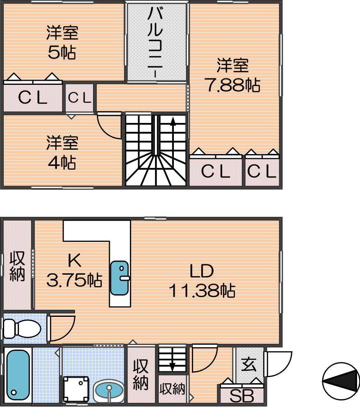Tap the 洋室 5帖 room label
tap(62, 42)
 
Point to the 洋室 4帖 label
tap(62, 152)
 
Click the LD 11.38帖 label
tap(202, 281)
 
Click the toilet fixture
tap(22, 329)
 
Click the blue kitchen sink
tap(119, 278)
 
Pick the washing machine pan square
tap(76, 389)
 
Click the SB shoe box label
tap(242, 396)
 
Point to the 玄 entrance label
tap(248, 364)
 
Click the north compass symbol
tap(341, 381)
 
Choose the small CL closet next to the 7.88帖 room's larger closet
tap(262, 171)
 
